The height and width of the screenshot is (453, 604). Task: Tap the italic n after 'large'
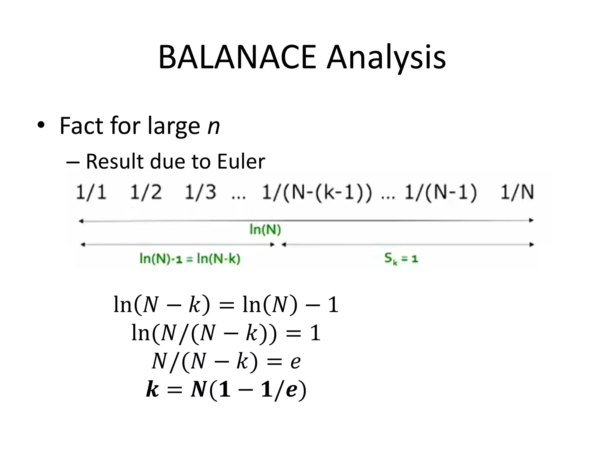(214, 126)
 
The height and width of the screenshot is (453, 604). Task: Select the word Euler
(241, 162)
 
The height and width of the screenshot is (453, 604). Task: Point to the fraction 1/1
(91, 192)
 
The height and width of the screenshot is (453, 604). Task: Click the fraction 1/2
(146, 192)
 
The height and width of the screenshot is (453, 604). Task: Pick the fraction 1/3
(200, 192)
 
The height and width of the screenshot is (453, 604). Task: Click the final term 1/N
(517, 192)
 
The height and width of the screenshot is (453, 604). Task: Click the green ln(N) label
(265, 229)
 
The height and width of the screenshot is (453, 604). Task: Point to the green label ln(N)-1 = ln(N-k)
(190, 259)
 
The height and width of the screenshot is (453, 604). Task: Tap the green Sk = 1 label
(401, 259)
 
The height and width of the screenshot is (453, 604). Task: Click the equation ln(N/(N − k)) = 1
(226, 333)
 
